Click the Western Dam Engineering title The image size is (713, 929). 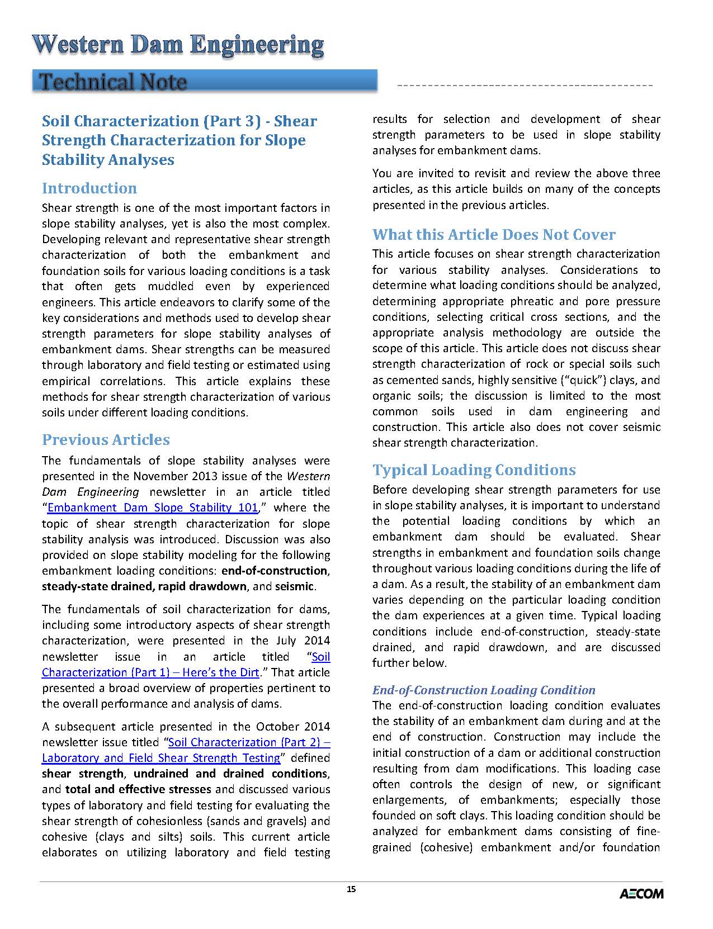(178, 45)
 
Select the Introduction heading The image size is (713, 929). (89, 188)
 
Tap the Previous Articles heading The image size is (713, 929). (106, 439)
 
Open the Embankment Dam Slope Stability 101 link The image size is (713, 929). (153, 508)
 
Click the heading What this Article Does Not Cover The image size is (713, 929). (494, 234)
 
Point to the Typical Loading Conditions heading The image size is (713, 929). (474, 470)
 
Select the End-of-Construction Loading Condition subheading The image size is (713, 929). (484, 690)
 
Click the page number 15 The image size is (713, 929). (351, 889)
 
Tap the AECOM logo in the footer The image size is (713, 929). (641, 893)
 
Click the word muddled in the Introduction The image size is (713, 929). (171, 286)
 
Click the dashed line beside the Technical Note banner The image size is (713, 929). (524, 86)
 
